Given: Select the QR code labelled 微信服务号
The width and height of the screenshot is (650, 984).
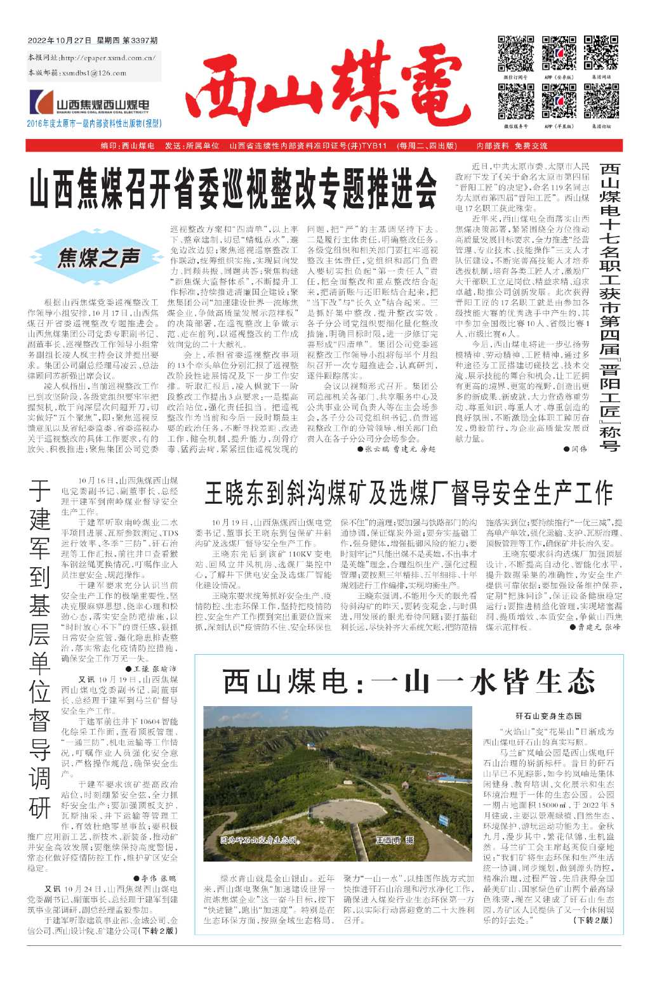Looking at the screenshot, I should (515, 102).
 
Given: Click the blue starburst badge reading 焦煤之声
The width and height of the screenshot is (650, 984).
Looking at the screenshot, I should (98, 258).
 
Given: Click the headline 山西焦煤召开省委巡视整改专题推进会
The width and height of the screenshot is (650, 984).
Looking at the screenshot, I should (234, 188).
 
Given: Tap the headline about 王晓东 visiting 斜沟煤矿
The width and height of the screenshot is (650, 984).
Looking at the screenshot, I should (408, 493).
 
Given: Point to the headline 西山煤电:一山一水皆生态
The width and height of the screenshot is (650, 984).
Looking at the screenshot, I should (408, 681).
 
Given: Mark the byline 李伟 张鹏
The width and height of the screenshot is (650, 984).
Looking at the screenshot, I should (155, 878).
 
